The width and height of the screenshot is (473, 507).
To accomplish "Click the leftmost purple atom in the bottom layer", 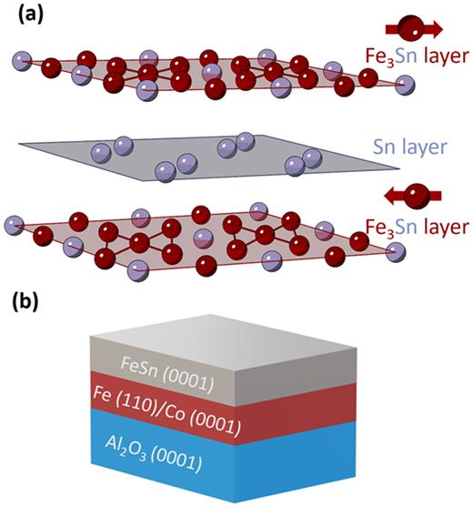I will [x=14, y=223].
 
